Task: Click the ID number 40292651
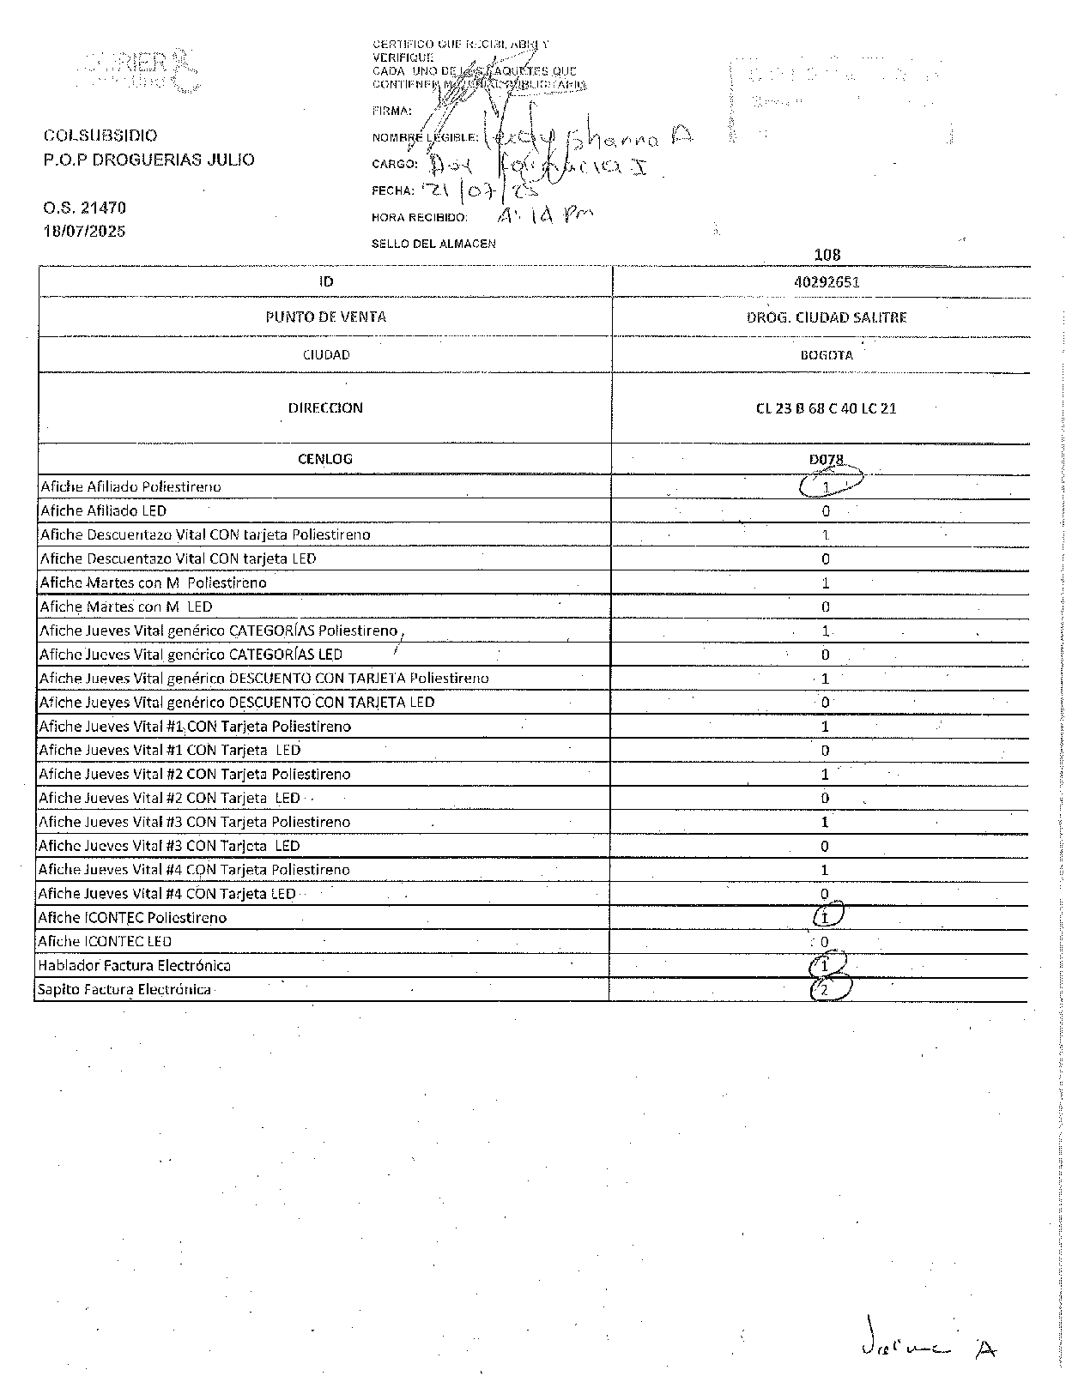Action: pos(827,282)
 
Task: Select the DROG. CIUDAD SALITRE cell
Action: pos(827,317)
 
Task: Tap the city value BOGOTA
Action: pos(826,355)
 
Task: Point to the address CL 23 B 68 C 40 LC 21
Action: pos(826,408)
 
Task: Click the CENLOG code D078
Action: pos(826,460)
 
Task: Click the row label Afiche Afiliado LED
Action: pos(104,511)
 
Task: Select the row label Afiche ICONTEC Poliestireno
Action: pos(132,918)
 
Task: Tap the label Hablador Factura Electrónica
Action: pos(134,966)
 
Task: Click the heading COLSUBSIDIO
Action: pos(100,136)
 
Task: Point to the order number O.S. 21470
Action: pos(84,208)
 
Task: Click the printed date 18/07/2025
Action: pos(84,232)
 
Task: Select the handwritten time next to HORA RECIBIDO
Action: pos(544,215)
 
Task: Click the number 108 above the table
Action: pos(827,255)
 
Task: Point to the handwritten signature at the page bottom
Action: pos(927,1348)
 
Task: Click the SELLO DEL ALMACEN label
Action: pos(433,244)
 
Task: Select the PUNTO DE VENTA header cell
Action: pos(326,317)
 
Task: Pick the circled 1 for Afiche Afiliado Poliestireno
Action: pos(827,486)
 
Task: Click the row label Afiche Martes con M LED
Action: pos(126,607)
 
